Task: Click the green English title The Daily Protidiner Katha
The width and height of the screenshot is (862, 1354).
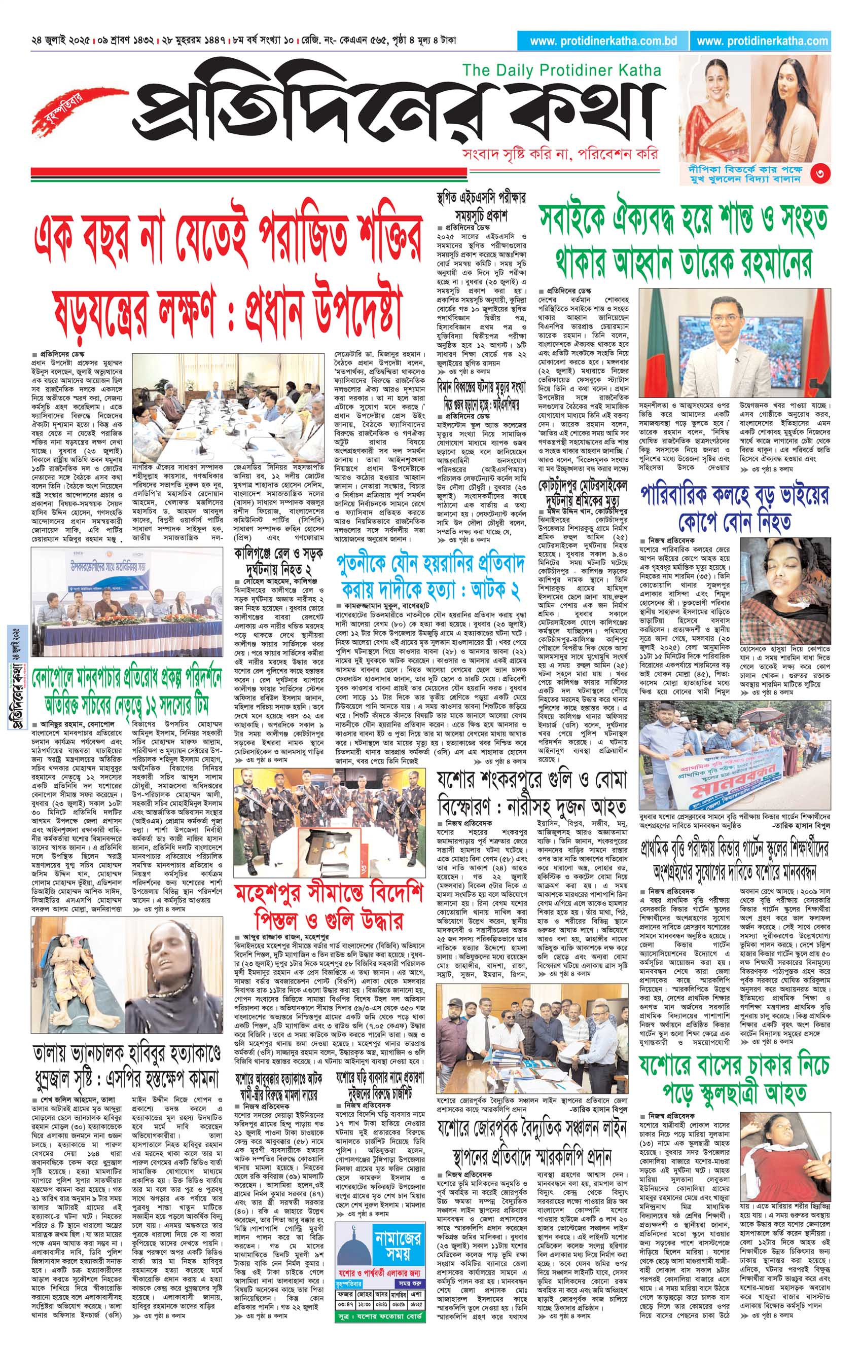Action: pos(561,70)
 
